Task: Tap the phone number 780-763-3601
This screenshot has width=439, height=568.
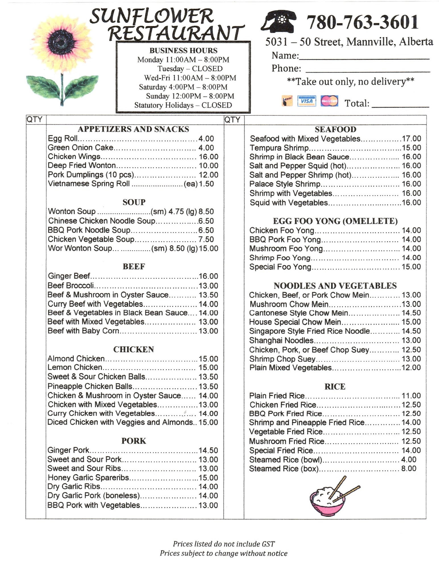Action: pos(362,22)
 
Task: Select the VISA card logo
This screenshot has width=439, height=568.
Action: pos(306,101)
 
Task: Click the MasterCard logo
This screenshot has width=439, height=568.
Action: pos(329,101)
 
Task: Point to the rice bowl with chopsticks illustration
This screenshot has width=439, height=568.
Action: pos(331,497)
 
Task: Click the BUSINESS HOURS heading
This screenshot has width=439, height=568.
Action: pos(183,51)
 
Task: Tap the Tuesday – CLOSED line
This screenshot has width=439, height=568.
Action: pos(190,69)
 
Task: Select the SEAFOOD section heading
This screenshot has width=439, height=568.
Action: pos(335,129)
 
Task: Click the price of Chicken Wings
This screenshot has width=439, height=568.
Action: pos(208,157)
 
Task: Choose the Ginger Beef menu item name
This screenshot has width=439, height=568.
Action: pos(69,276)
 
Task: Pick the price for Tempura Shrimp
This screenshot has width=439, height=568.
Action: pos(411,148)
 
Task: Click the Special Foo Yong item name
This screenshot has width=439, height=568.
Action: pos(280,267)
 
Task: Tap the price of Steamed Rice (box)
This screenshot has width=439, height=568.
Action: pos(409,469)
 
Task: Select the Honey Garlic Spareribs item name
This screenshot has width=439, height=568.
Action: pos(88,478)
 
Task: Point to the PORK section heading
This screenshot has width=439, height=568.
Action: pos(134,441)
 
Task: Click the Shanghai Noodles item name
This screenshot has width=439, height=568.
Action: pos(281,340)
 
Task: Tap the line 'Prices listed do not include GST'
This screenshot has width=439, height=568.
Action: pos(224,544)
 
